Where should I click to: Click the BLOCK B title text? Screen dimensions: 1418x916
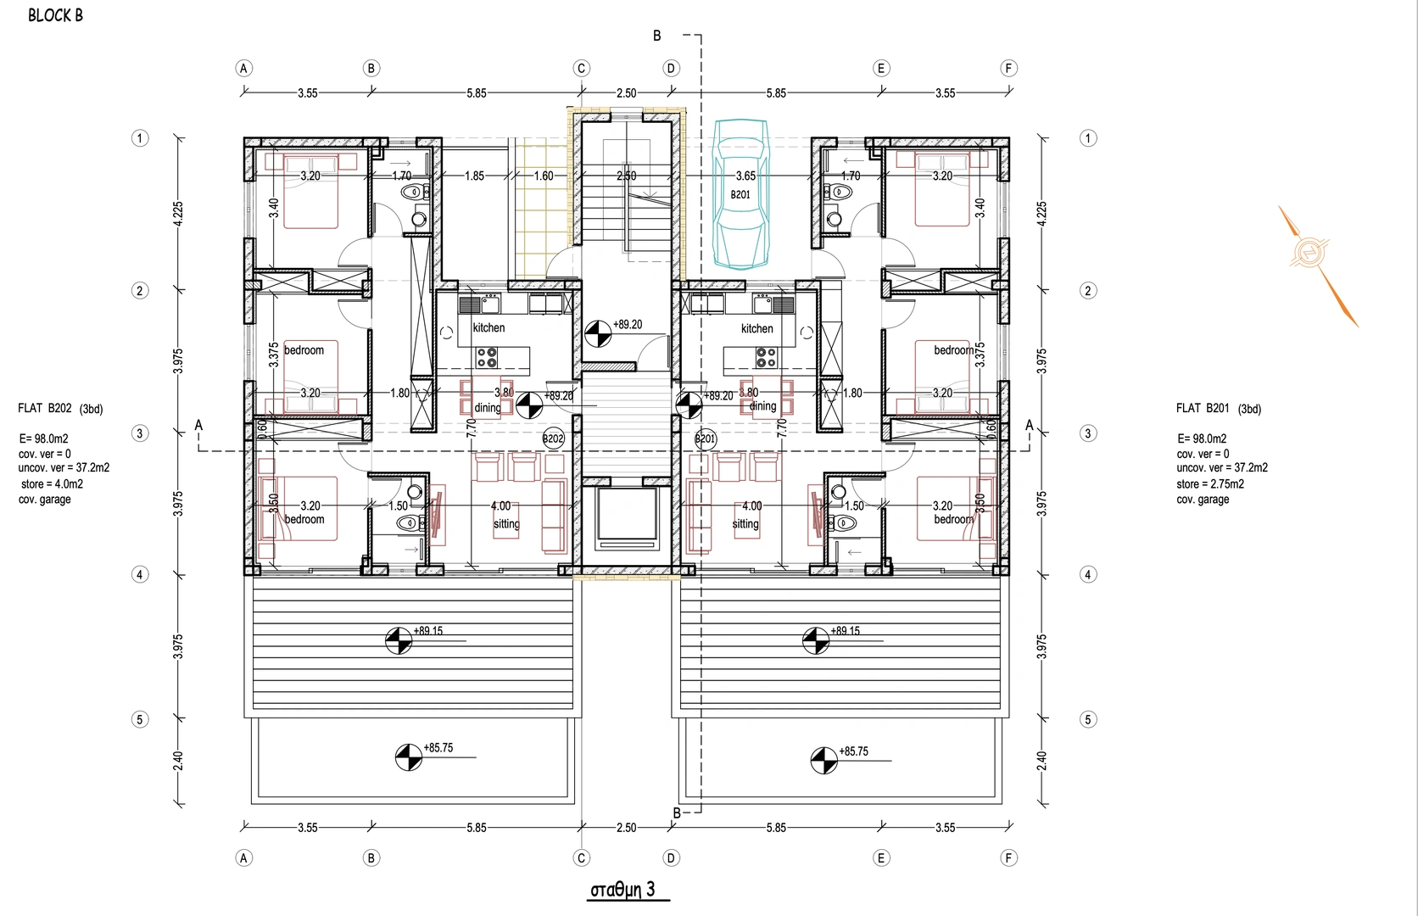(56, 15)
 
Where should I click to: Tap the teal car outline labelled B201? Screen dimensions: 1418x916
(740, 193)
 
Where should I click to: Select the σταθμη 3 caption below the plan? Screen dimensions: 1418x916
(622, 890)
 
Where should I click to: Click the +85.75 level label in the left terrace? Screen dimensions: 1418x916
(438, 747)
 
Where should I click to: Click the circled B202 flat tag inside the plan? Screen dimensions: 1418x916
(553, 438)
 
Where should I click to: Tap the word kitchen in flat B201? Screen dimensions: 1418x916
(757, 328)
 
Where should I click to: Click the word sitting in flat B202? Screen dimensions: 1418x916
(506, 524)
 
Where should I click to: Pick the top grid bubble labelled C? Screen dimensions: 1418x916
(581, 69)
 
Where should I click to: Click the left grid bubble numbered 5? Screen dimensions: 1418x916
(140, 719)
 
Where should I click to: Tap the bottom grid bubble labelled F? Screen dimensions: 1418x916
(1008, 857)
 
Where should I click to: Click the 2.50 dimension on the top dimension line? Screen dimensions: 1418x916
(626, 93)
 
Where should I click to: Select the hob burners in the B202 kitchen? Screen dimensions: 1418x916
(487, 357)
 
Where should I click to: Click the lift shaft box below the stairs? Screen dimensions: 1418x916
(626, 519)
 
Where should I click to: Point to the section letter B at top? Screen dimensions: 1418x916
(657, 36)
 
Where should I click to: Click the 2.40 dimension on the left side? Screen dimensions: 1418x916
(178, 761)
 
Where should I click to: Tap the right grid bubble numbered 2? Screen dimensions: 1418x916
(1088, 291)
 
